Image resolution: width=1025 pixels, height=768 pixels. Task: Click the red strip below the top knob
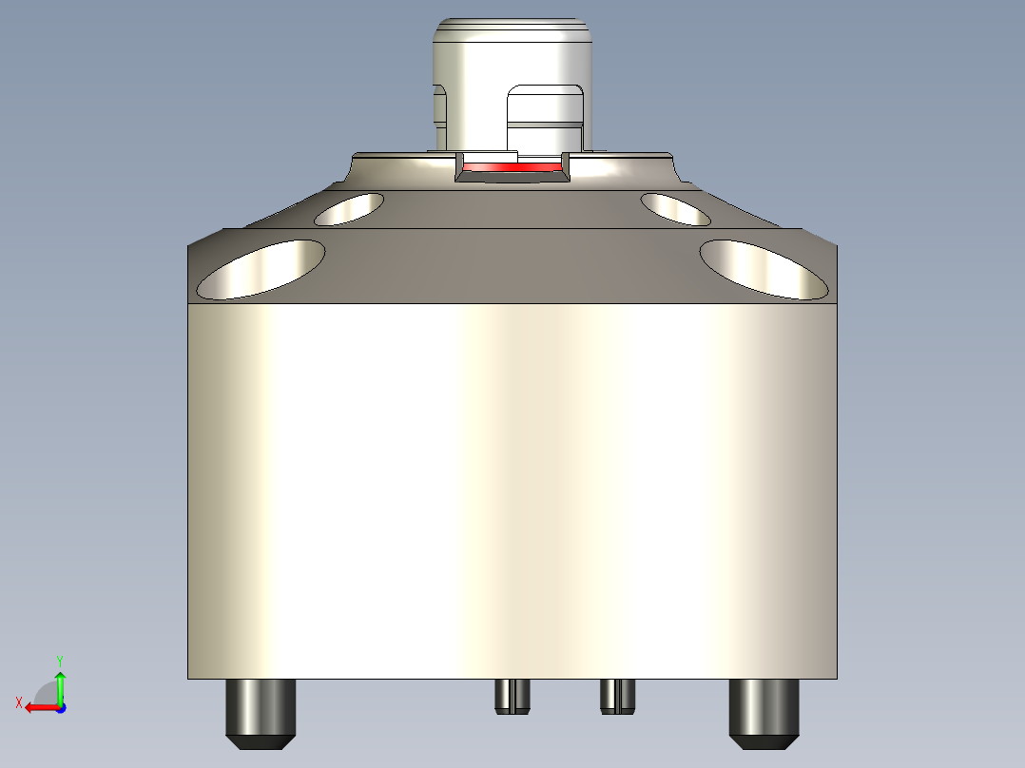point(512,167)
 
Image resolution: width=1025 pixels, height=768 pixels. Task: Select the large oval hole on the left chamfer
point(260,269)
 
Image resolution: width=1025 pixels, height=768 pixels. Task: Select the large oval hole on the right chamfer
point(764,269)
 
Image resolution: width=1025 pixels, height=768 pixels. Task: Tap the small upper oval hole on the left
point(349,209)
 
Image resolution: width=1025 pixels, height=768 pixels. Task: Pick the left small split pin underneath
point(512,696)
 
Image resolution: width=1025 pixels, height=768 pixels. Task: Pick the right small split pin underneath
point(617,696)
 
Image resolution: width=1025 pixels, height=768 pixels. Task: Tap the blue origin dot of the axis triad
point(60,707)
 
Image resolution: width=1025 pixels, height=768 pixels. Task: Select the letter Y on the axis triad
point(60,659)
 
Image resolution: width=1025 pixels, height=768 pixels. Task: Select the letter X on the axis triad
point(18,702)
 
